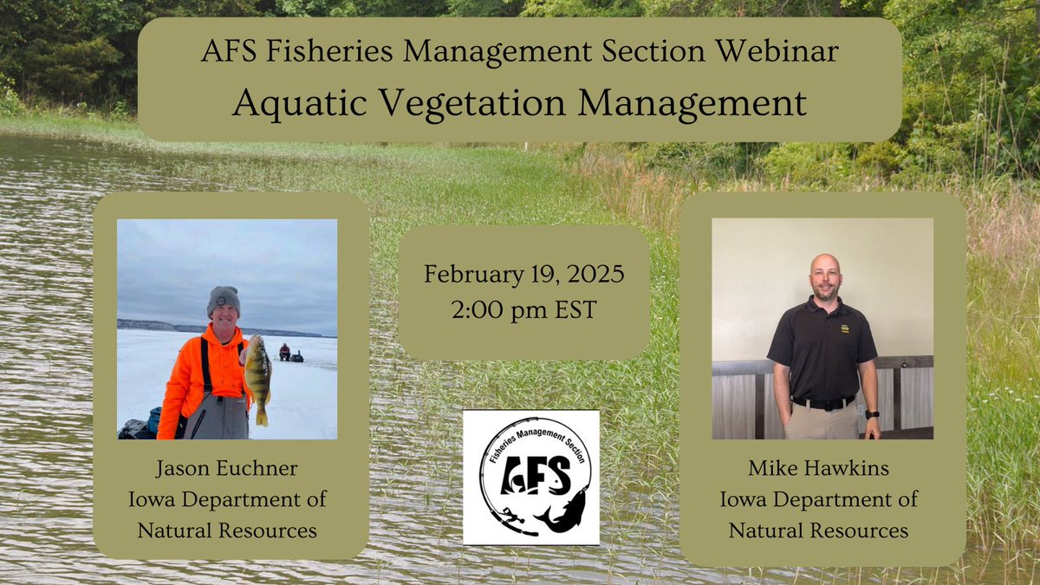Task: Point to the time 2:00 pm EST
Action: (x=523, y=310)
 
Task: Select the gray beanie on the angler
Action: (x=224, y=301)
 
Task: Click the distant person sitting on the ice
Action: (x=284, y=351)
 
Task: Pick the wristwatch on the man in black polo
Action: (x=872, y=414)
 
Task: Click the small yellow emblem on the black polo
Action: (x=845, y=328)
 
